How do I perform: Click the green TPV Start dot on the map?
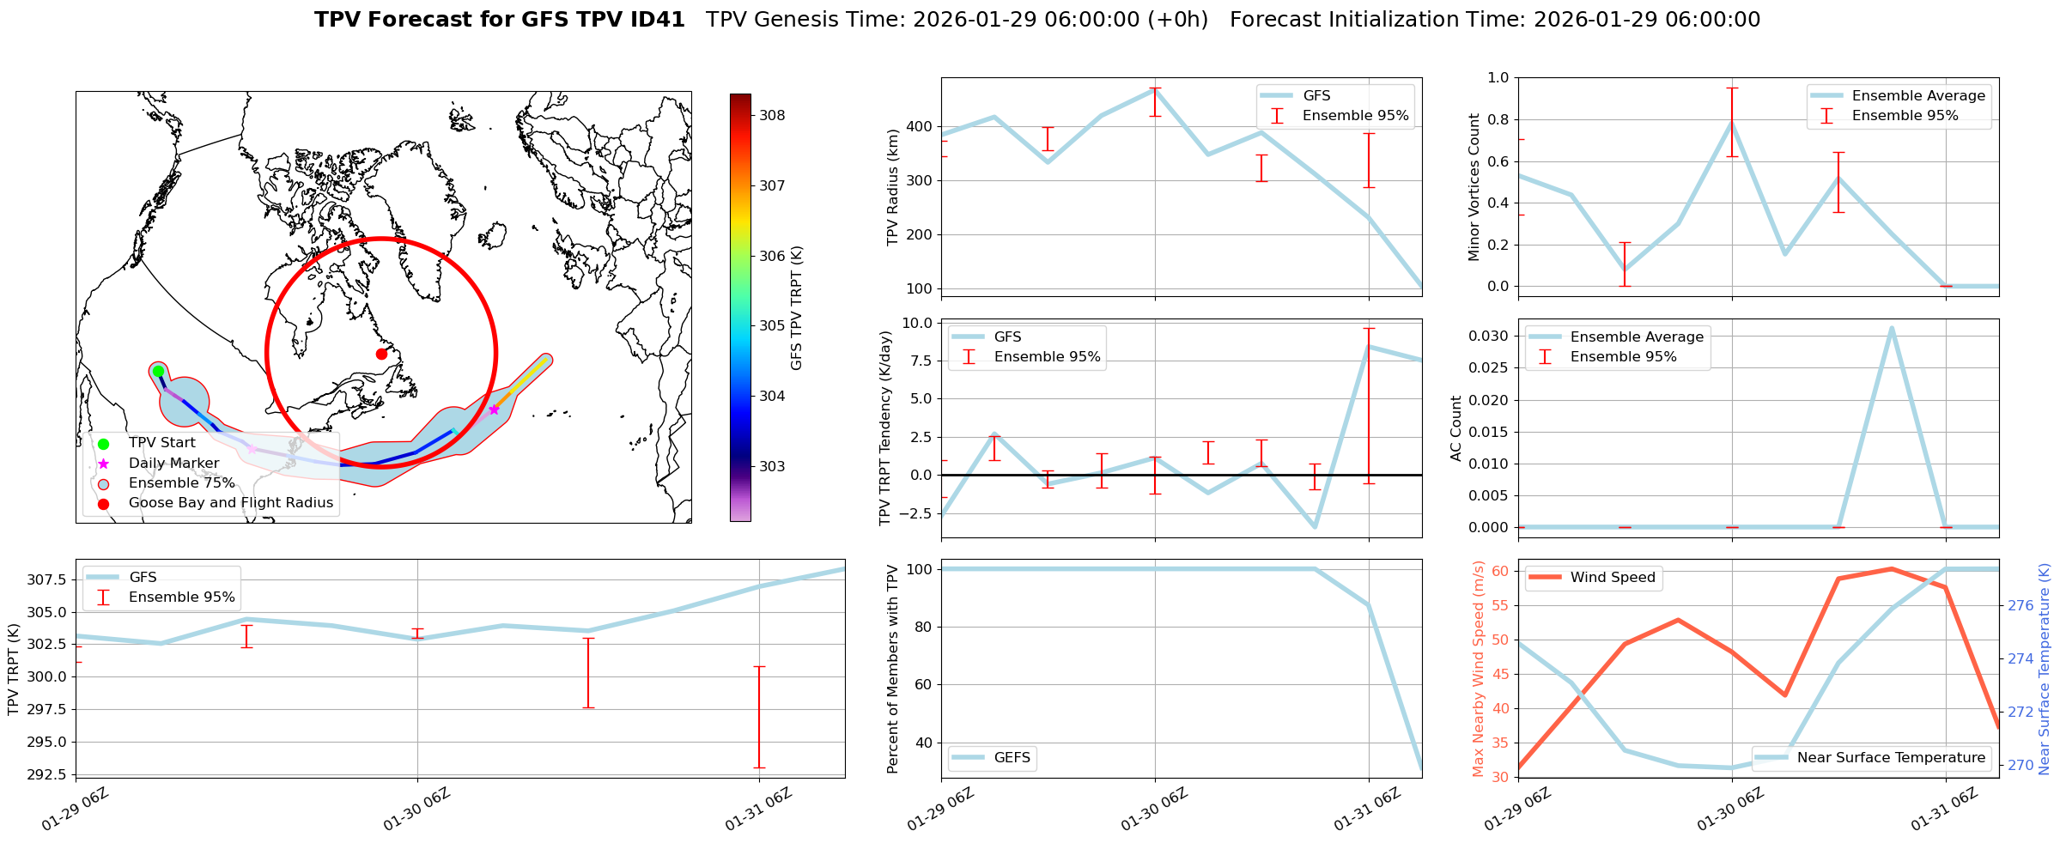158,371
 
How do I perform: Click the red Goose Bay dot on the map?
381,354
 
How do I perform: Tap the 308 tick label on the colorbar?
771,116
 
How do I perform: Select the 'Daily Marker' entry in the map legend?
173,463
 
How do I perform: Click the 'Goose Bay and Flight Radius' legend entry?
230,503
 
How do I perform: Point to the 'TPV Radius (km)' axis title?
892,187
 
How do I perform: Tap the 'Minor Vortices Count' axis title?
1474,187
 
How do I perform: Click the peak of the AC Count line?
1891,328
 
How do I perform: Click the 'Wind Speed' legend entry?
1612,578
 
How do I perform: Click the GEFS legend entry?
1012,757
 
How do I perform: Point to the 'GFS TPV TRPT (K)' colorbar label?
796,307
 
